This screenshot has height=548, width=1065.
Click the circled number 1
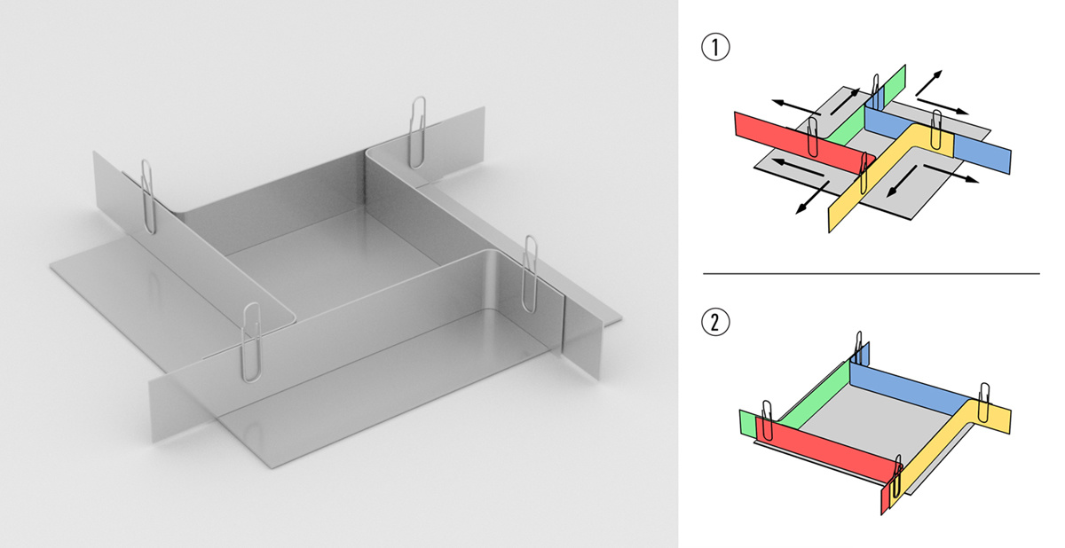coord(715,47)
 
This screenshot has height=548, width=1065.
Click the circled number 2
coord(715,323)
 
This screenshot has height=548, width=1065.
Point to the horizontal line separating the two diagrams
coord(871,273)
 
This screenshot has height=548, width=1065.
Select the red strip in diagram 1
coord(799,140)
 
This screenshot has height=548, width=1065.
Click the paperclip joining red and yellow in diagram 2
coord(896,476)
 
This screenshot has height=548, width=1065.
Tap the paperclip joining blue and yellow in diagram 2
coord(983,403)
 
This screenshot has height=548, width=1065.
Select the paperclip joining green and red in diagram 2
coord(767,420)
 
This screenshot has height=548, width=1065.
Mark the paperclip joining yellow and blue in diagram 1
coord(936,129)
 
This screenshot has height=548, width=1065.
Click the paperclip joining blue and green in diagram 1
coord(875,91)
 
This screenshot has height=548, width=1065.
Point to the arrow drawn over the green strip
coord(846,102)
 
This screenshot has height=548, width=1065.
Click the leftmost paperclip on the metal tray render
coord(148,197)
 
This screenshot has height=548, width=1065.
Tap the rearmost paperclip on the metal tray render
coord(418,132)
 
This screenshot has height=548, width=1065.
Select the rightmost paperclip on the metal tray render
coord(530,274)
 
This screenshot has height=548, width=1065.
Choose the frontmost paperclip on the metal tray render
coord(251,342)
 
